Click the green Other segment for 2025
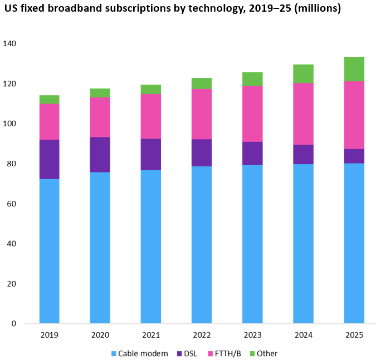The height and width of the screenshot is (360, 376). [x=354, y=69]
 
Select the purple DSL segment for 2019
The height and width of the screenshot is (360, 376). [x=50, y=159]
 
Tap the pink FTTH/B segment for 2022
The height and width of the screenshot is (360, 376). [x=202, y=114]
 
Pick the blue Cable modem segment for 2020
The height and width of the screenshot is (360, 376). [x=100, y=248]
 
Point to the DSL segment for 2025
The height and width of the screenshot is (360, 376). [x=354, y=156]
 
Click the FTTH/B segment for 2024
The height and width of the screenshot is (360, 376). [x=303, y=114]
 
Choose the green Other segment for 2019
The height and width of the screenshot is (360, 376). [x=50, y=100]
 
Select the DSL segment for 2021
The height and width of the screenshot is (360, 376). [x=151, y=155]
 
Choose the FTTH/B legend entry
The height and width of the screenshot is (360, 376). [x=229, y=353]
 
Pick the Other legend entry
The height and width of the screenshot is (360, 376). [x=267, y=353]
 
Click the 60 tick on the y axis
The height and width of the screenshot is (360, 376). [x=12, y=204]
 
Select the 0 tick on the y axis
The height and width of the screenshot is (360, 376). [x=14, y=324]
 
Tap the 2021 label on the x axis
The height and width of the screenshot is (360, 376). [x=151, y=336]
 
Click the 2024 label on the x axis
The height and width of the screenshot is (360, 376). [x=303, y=336]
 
